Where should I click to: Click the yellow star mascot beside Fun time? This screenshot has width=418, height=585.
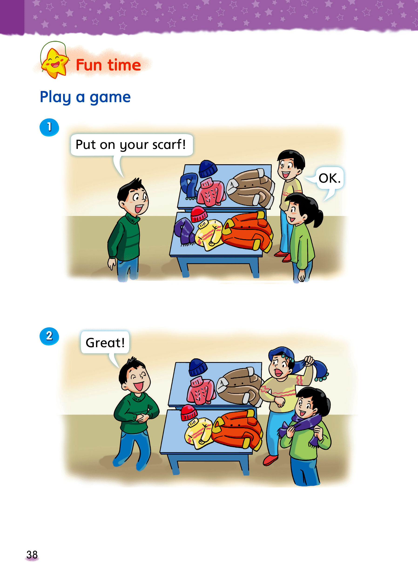54,63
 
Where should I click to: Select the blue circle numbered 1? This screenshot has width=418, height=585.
49,127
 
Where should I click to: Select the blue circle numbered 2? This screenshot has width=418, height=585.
49,336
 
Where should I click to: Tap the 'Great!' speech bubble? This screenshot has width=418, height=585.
105,343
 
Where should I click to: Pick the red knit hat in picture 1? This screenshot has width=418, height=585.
199,214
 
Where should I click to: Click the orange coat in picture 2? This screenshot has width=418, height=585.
237,429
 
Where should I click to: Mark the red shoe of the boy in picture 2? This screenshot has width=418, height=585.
270,460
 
